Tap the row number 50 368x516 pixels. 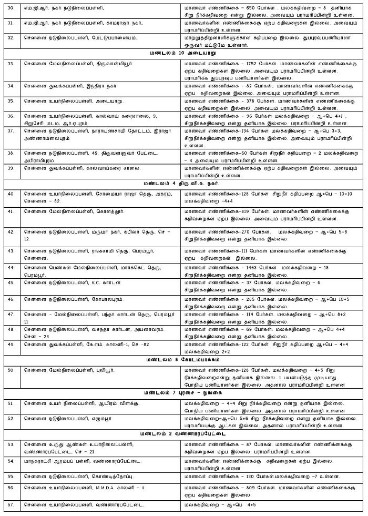point(10,370)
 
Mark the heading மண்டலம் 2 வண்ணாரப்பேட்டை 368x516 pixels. point(182,434)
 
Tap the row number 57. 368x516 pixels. point(10,505)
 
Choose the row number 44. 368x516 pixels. point(10,268)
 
